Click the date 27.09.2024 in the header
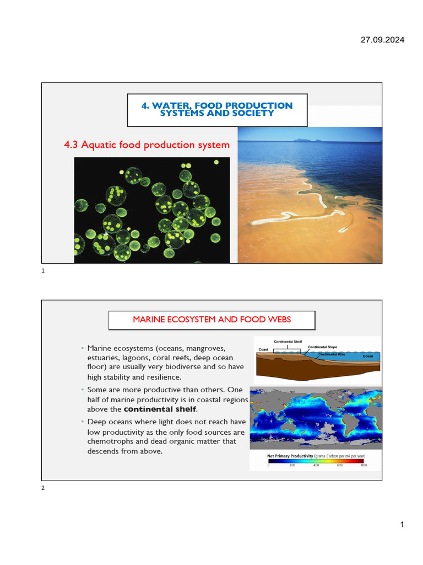point(382,40)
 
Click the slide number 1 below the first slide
point(43,271)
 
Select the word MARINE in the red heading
point(149,319)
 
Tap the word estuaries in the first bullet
point(104,358)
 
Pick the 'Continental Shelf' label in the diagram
point(288,342)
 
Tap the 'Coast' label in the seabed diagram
point(264,349)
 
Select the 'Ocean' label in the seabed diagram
point(368,356)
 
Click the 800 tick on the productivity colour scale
point(364,466)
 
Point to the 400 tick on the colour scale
point(316,466)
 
